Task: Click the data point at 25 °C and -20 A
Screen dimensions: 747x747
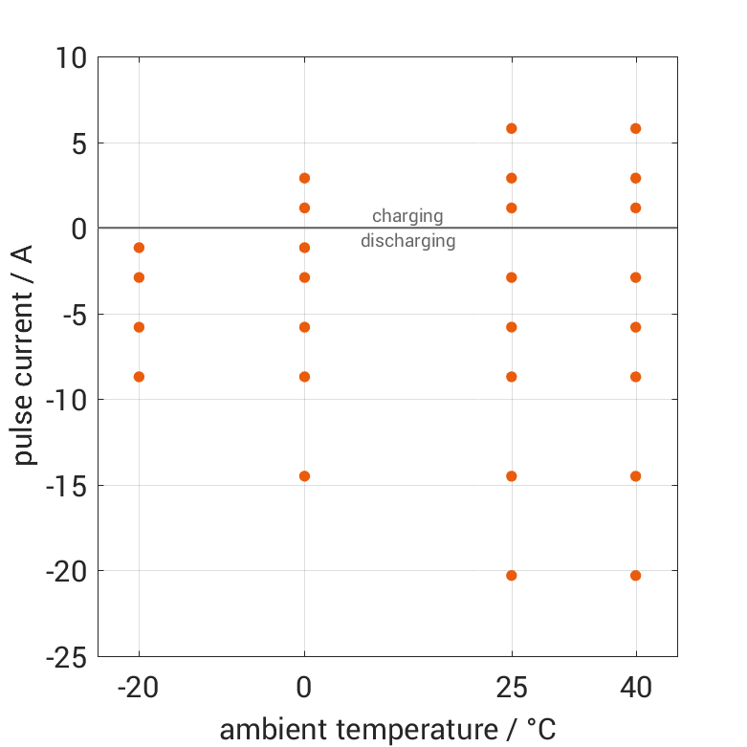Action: click(512, 575)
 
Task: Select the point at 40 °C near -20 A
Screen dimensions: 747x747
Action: click(635, 575)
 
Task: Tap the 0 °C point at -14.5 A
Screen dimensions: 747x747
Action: click(304, 475)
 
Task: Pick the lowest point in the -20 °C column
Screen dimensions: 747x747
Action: click(139, 376)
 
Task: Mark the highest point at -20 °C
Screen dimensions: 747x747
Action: click(139, 247)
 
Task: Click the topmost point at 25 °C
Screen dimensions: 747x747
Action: click(512, 128)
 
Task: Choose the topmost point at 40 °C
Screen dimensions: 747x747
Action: click(635, 128)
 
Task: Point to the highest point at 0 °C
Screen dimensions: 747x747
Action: click(304, 178)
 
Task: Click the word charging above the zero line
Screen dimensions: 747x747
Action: click(407, 215)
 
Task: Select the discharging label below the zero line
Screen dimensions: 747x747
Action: click(407, 241)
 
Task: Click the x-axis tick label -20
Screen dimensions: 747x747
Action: click(139, 687)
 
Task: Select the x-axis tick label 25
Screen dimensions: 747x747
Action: click(512, 687)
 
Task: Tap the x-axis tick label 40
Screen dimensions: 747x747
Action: click(635, 687)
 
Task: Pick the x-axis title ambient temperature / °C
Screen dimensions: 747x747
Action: click(387, 729)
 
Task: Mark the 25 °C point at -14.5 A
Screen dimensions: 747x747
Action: click(512, 475)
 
